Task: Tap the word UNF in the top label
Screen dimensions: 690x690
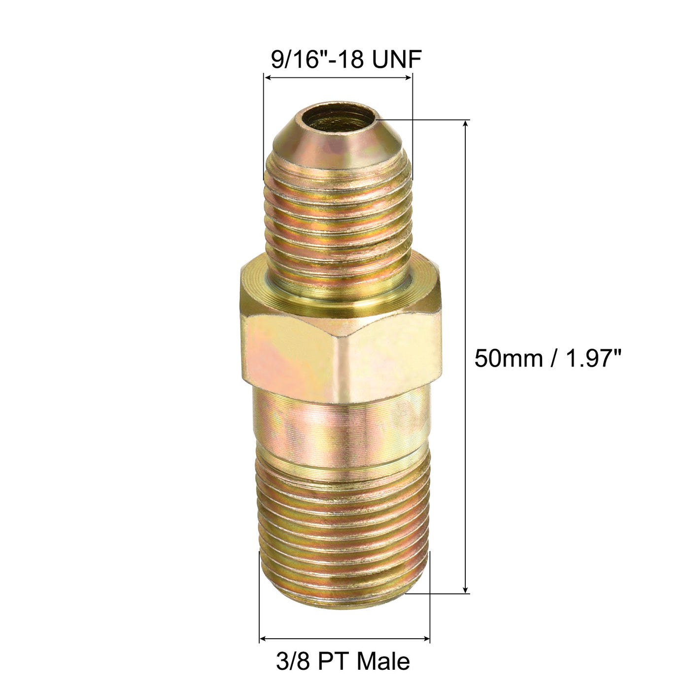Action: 397,60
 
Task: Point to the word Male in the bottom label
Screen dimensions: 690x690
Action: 383,661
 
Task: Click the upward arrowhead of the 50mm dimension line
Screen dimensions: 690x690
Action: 466,123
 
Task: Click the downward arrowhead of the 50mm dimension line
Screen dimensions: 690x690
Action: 466,589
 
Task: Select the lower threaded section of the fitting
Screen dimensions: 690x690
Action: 344,522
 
